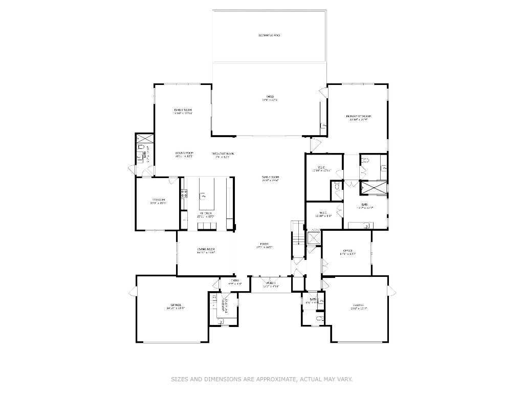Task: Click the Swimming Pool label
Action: pos(269,35)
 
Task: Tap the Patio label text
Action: pos(270,97)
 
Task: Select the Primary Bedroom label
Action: pos(358,117)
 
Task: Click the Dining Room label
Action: pos(184,154)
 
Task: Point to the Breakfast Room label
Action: pos(223,155)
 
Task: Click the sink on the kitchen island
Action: pos(203,195)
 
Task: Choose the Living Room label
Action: pos(206,250)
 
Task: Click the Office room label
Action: pos(347,251)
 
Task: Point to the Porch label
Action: pos(270,283)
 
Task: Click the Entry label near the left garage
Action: pos(235,281)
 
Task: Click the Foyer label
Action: pos(264,245)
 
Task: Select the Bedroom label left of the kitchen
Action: pos(158,200)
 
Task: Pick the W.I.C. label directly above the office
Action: pos(323,214)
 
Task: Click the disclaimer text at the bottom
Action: pos(261,379)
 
